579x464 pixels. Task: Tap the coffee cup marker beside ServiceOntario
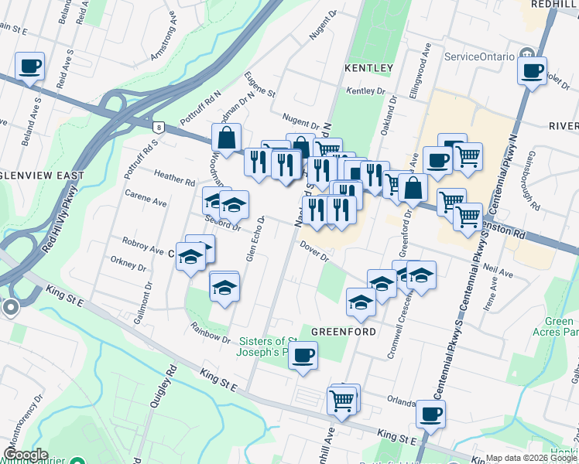(532, 71)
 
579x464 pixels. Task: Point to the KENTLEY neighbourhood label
(368, 68)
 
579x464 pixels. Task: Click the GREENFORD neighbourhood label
(343, 331)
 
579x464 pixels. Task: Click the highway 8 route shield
(159, 126)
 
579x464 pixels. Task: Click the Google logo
(25, 455)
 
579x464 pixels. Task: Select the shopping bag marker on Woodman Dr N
(226, 138)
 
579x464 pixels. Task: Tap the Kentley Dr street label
(365, 91)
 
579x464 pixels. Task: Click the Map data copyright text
(531, 458)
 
